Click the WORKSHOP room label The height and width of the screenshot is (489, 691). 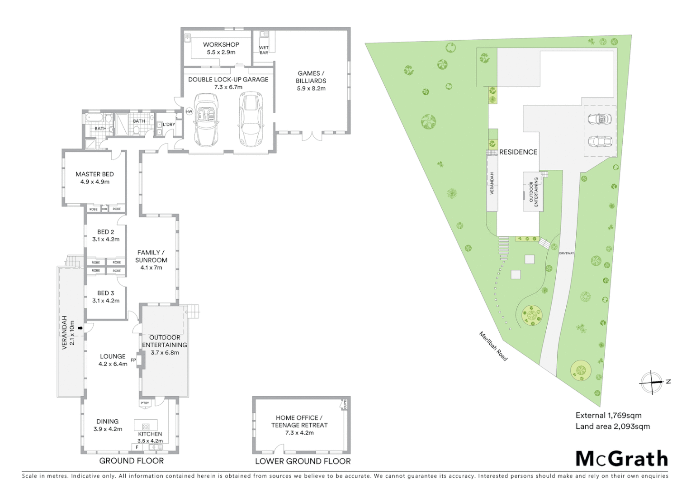(x=221, y=44)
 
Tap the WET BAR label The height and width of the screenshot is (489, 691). (x=264, y=50)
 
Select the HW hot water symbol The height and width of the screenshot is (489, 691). (x=189, y=111)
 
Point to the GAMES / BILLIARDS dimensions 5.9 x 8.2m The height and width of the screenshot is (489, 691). (x=311, y=88)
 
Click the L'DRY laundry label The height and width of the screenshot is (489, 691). (x=169, y=125)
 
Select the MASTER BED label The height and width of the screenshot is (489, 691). (x=95, y=174)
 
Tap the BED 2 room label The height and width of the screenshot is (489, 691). (x=106, y=232)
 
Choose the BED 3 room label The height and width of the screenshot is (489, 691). (x=106, y=293)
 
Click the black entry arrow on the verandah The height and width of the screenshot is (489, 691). (x=80, y=328)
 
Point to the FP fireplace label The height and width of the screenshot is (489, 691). (x=133, y=360)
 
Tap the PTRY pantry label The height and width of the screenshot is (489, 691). (x=145, y=403)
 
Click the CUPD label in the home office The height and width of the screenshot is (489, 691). (x=345, y=403)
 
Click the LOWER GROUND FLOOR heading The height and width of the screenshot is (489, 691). (x=303, y=461)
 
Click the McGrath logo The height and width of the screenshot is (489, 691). (x=621, y=459)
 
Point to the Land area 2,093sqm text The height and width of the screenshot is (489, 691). (x=612, y=426)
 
